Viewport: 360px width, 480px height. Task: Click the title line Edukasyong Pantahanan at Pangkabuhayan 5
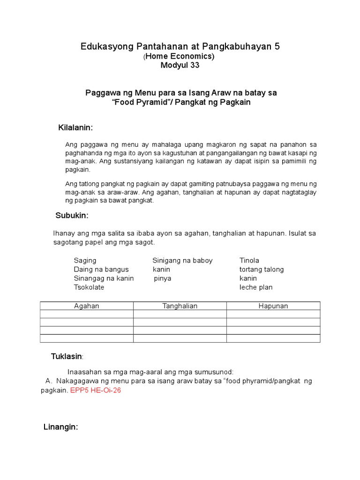pos(180,46)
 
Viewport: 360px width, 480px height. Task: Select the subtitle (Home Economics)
pos(180,56)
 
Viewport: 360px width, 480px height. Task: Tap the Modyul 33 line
pos(180,66)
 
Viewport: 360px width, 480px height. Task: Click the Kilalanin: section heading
pos(75,128)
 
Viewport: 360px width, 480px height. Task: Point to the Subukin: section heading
pos(72,216)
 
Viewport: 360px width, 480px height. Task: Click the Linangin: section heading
pos(60,427)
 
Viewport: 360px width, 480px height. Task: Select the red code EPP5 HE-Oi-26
pos(95,390)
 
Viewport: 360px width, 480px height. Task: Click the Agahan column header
pos(87,306)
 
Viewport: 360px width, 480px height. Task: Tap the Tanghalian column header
pos(180,306)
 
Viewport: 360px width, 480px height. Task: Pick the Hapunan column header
pos(273,306)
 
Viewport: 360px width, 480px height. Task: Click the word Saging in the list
pos(85,261)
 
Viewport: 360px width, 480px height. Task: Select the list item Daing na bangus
pos(101,270)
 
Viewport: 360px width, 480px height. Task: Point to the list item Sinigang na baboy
pos(182,261)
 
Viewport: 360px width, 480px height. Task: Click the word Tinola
pos(249,261)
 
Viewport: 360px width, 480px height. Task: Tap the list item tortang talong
pos(261,270)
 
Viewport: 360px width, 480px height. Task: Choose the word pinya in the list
pos(163,278)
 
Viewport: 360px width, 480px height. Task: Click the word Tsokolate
pos(89,287)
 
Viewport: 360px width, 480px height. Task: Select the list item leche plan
pos(255,287)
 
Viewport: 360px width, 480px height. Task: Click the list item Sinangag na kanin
pos(104,278)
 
